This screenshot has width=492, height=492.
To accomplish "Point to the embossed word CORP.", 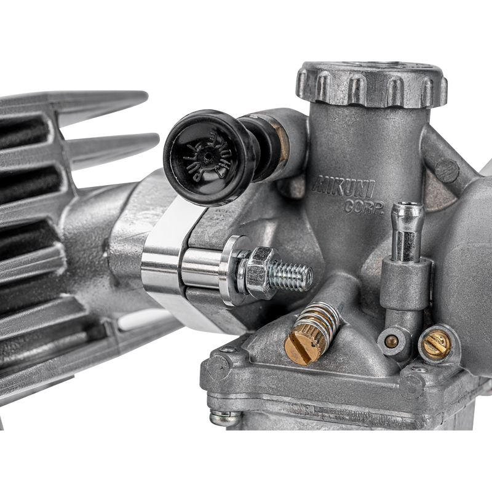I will point(364,206).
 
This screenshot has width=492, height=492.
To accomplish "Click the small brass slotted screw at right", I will point(436,342).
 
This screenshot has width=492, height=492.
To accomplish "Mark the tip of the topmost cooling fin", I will point(144,97).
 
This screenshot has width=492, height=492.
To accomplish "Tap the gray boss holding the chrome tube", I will point(404,283).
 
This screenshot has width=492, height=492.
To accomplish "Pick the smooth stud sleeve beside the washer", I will point(200,268).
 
